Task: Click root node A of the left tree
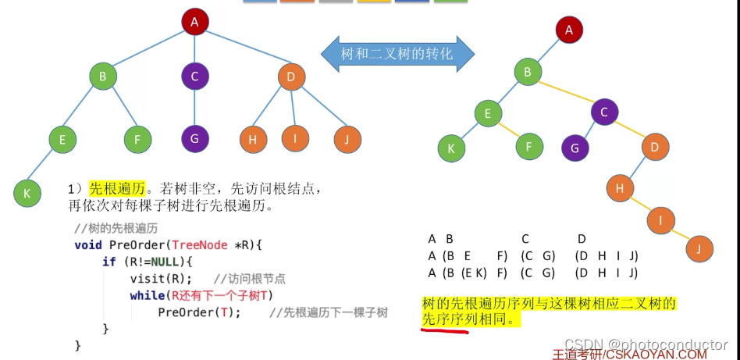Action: click(x=194, y=23)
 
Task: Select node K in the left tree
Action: click(x=27, y=192)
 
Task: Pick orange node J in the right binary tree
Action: click(x=699, y=248)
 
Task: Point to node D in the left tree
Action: click(x=291, y=77)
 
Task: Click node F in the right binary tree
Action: click(x=529, y=145)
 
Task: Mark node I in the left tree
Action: click(x=295, y=139)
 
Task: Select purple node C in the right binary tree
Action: click(x=604, y=112)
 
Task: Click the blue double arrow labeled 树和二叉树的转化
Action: click(x=397, y=53)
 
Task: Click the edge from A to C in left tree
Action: click(x=194, y=49)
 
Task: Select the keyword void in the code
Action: click(x=87, y=245)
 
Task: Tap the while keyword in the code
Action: click(x=147, y=295)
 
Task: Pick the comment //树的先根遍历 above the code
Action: click(x=116, y=228)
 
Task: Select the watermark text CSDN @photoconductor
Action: click(x=646, y=344)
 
